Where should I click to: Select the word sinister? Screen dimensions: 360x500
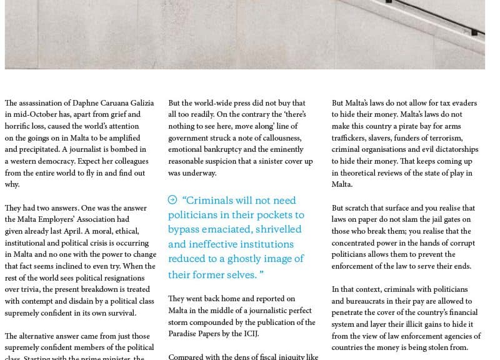click(272, 162)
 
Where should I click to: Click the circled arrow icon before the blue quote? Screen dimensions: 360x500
click(172, 200)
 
